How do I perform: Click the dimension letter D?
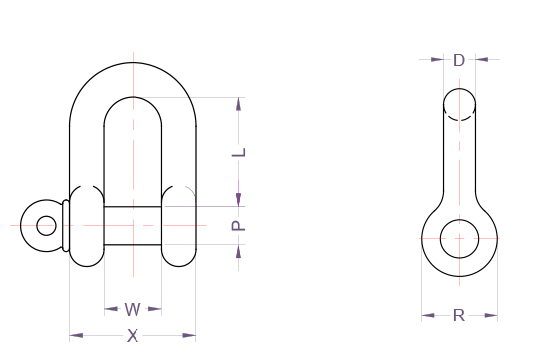point(459,60)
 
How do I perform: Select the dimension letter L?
point(238,153)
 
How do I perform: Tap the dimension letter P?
point(238,226)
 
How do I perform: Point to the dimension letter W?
point(133,309)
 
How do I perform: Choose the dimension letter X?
point(133,336)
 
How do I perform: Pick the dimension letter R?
point(459,316)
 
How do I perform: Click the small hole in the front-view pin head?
point(46,225)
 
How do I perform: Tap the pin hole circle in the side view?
point(459,240)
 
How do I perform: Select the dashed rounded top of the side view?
point(459,104)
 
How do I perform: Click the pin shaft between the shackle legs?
point(133,226)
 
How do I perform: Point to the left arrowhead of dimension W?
point(109,309)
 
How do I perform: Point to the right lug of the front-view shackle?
point(179,226)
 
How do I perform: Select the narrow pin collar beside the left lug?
point(66,226)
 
